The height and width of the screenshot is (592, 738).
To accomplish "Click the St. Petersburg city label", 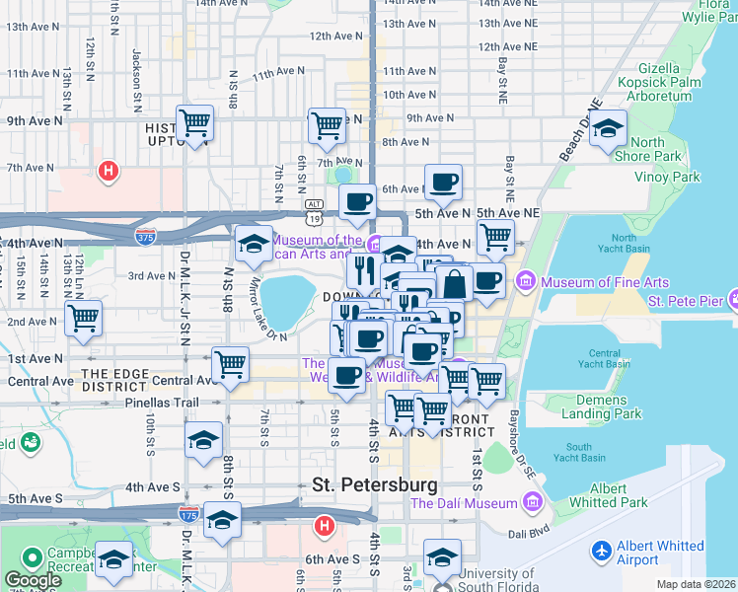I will (374, 484).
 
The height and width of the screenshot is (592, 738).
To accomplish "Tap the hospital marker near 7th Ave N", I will (109, 172).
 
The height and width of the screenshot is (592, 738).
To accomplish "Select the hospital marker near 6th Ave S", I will (323, 526).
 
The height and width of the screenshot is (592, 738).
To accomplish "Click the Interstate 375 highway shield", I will (144, 235).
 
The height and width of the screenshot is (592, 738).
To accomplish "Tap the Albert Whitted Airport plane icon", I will (600, 549).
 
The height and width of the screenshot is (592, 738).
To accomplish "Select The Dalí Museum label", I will (464, 503).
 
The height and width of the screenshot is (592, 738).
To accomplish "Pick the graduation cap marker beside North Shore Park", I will (608, 129).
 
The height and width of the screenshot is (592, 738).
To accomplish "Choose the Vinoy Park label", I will (675, 177).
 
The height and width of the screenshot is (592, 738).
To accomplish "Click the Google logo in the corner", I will (33, 580).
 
